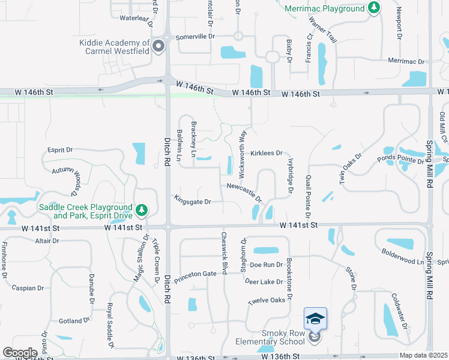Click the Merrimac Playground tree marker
[x=375, y=7]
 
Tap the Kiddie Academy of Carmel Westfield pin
[x=159, y=47]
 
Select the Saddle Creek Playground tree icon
[x=142, y=210]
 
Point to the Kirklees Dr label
[x=267, y=154]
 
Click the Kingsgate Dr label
[x=192, y=202]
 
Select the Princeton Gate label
[x=195, y=274]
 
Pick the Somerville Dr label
[x=195, y=37]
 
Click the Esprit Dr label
[x=60, y=150]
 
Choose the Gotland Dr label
[x=74, y=321]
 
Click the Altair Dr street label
[x=47, y=241]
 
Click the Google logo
[x=20, y=353]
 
